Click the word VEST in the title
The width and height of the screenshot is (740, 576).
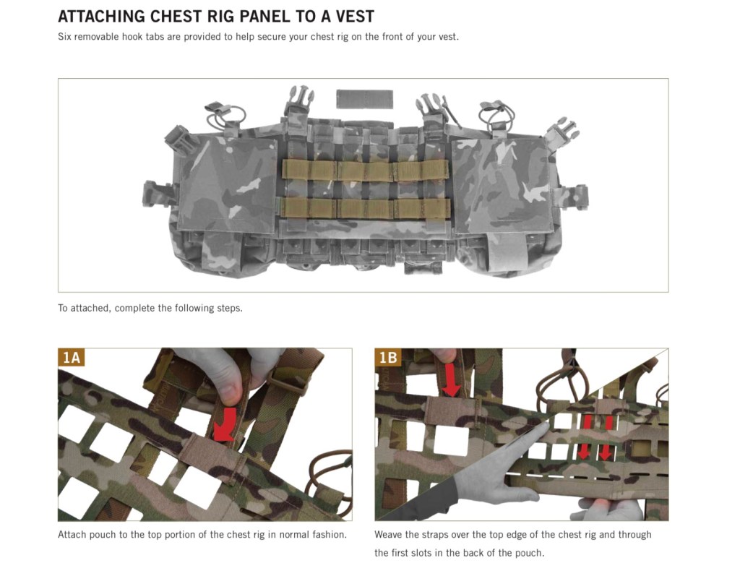pos(355,17)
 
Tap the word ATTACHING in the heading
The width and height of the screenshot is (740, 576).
pos(101,17)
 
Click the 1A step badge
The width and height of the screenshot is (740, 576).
pos(72,358)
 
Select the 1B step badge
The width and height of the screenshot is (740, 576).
pos(388,358)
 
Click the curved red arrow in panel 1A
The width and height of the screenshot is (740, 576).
pos(224,424)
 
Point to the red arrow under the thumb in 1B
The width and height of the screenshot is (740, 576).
pos(451,379)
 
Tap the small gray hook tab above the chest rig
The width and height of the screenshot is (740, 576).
pos(364,99)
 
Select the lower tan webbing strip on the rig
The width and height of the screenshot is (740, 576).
pos(365,208)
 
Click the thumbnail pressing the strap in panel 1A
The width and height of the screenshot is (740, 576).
pos(231,394)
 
